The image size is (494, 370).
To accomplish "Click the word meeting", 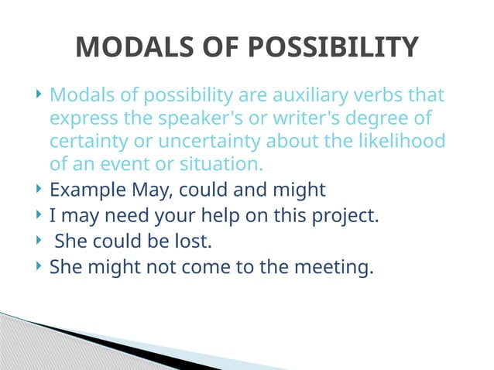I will click(x=336, y=269).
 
